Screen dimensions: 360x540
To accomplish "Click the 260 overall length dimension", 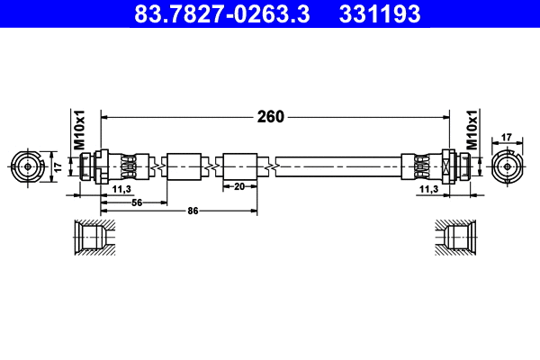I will click(x=271, y=116).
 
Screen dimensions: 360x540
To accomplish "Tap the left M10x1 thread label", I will click(x=78, y=131).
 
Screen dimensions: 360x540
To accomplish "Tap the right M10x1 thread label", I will click(x=471, y=131).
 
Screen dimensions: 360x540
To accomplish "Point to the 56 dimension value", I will click(x=138, y=203).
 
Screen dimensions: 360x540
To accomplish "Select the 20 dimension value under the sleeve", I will click(x=239, y=187).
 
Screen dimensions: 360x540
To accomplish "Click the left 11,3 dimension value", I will click(x=123, y=191).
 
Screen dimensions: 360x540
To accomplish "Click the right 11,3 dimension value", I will click(x=428, y=191).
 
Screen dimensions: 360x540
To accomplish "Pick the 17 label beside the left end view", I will click(x=57, y=166).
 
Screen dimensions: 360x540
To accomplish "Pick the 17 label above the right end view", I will click(x=506, y=138).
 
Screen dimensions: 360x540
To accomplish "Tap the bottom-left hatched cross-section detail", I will click(x=93, y=238).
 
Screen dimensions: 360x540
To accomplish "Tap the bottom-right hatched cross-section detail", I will click(x=455, y=238).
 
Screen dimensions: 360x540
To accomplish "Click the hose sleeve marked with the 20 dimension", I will click(x=240, y=166).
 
